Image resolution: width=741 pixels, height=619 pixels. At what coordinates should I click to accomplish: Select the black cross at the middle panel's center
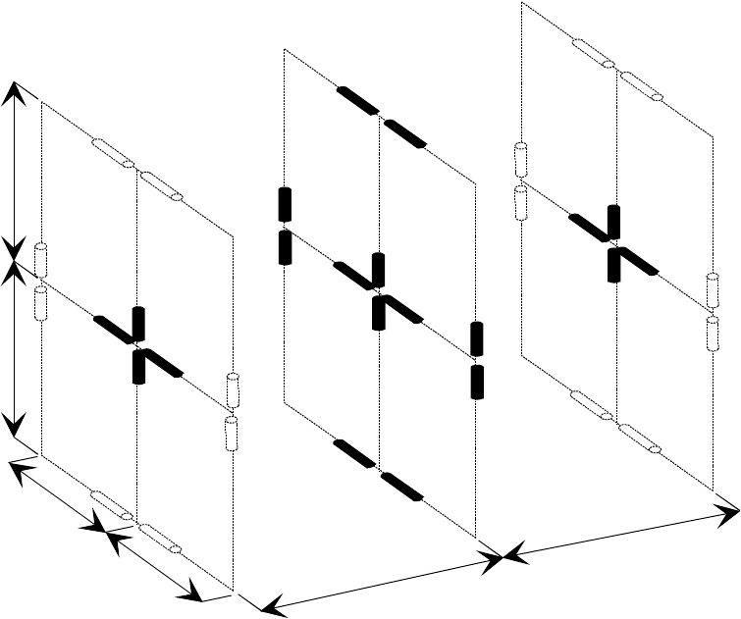tap(379, 289)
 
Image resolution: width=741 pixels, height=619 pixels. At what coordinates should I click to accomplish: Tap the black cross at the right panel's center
tap(614, 241)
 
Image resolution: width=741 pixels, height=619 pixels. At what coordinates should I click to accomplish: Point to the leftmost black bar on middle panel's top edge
tap(356, 100)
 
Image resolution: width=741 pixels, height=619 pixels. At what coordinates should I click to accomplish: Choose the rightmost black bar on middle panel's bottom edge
tap(401, 487)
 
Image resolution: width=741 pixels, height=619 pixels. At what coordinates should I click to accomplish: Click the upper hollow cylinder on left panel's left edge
tap(42, 259)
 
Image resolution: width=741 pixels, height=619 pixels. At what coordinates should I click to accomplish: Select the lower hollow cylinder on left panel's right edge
tap(233, 433)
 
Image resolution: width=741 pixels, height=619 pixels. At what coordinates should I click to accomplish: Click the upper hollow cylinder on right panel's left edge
tap(521, 161)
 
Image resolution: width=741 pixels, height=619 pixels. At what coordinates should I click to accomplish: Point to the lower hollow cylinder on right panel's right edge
tap(714, 334)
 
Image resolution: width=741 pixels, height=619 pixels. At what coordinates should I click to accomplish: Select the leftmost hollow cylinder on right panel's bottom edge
tap(593, 405)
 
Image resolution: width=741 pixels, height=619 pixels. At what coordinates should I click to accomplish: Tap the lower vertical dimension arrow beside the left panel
tap(14, 347)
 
